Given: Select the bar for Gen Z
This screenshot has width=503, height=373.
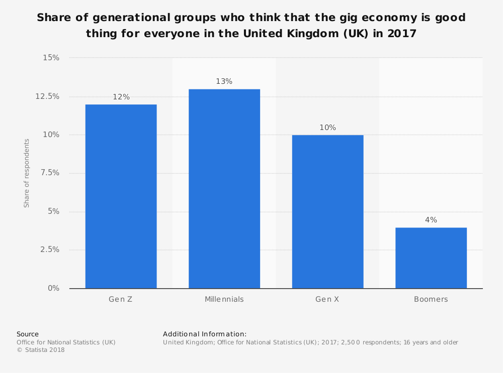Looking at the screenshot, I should click(121, 196).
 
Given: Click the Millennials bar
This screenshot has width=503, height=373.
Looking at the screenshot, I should click(224, 189).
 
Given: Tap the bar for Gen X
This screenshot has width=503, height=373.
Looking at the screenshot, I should click(327, 211).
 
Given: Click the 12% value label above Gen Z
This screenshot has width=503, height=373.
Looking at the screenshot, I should click(121, 97).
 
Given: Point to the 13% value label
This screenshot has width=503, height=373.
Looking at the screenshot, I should click(224, 81).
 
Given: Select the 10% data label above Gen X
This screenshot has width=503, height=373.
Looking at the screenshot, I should click(327, 128).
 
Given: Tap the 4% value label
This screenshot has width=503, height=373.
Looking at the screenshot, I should click(431, 220).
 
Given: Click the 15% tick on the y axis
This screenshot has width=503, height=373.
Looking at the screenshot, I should click(51, 58).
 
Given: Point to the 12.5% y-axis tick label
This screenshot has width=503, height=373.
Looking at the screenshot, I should click(47, 96).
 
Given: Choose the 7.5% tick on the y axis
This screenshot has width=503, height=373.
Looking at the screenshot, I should click(49, 173).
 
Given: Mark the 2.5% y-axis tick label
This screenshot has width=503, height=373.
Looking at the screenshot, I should click(49, 250).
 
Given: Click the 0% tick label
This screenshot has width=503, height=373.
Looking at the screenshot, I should click(53, 288).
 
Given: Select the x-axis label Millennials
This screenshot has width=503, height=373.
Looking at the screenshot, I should click(224, 299).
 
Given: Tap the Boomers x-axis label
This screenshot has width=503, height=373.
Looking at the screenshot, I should click(431, 299).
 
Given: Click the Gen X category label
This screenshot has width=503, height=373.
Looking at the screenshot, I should click(327, 299).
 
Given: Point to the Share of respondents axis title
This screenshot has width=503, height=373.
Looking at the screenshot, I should click(27, 173).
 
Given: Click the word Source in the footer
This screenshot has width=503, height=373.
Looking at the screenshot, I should click(28, 334).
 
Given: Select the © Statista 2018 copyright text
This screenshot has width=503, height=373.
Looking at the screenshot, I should click(41, 350).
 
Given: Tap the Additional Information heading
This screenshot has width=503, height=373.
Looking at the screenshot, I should click(205, 334).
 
